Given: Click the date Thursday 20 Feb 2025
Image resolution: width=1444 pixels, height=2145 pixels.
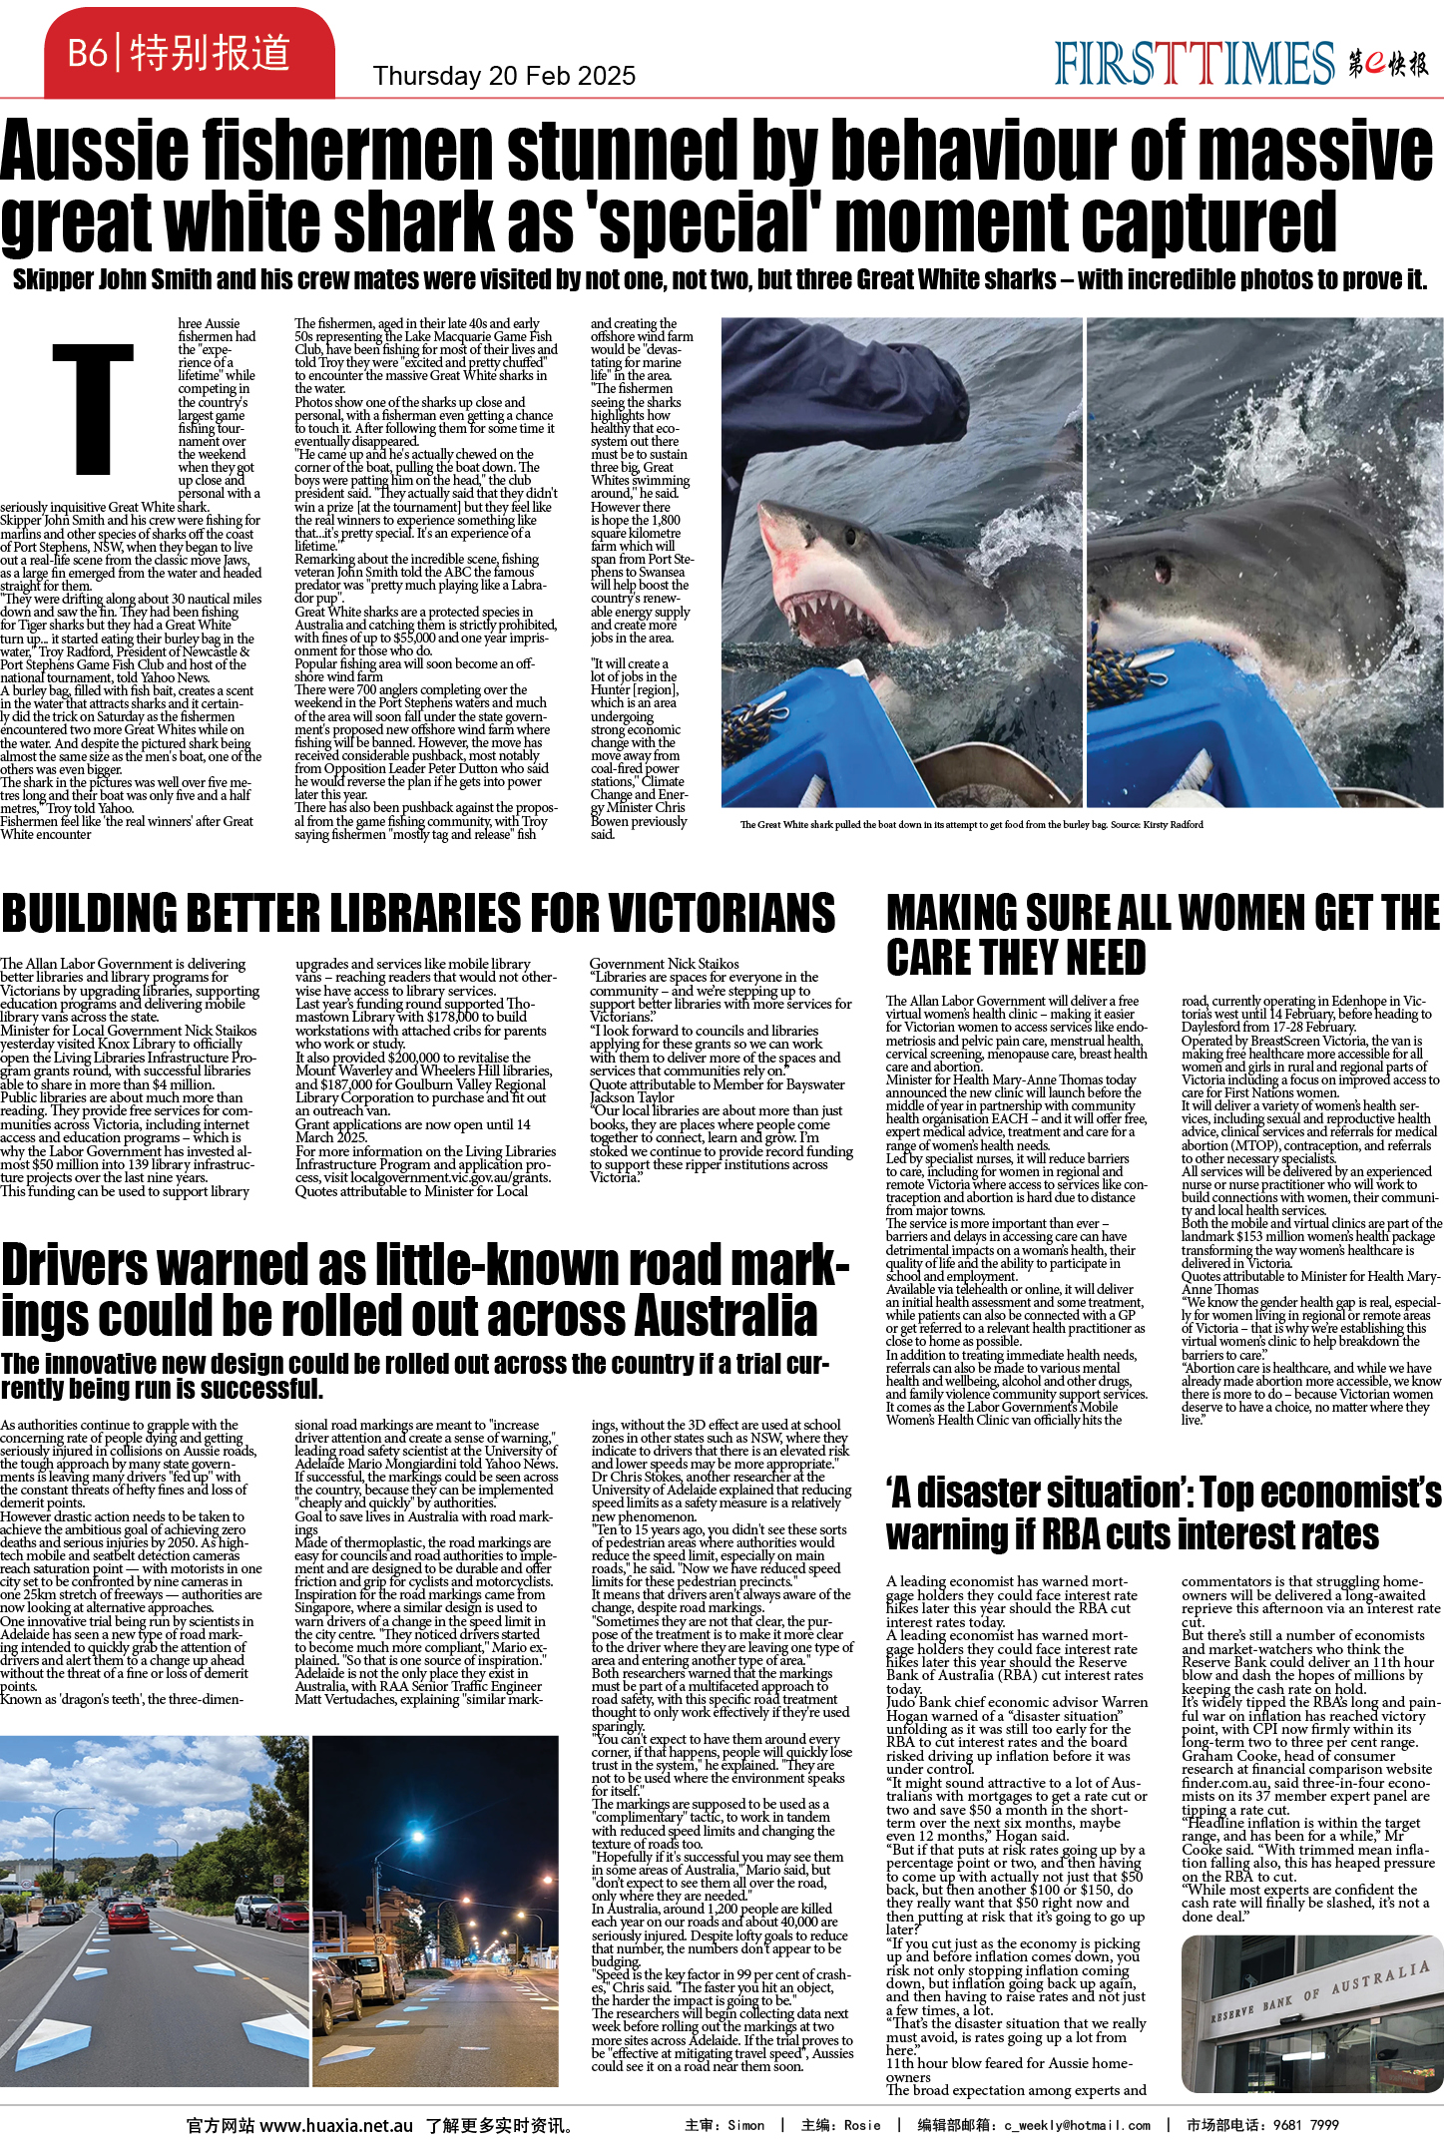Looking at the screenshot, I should click(x=504, y=76).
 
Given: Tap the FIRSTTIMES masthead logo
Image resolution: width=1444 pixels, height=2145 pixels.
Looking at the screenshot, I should click(x=1194, y=63).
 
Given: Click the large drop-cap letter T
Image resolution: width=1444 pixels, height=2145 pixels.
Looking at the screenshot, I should click(x=93, y=408).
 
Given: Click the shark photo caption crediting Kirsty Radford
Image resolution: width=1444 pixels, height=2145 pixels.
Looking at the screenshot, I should click(x=971, y=824).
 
